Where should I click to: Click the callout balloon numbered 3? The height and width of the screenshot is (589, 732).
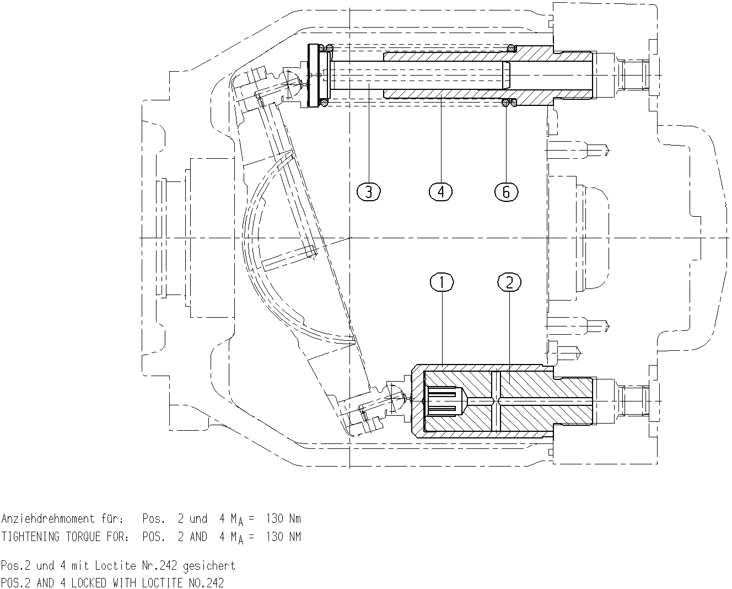pyautogui.click(x=369, y=192)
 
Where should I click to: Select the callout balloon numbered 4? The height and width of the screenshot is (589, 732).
pyautogui.click(x=441, y=192)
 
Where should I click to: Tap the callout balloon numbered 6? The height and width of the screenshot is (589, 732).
pyautogui.click(x=507, y=192)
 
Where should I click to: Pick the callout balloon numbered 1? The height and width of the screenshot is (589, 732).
pyautogui.click(x=442, y=282)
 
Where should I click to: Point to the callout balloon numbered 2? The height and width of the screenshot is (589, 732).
pyautogui.click(x=509, y=282)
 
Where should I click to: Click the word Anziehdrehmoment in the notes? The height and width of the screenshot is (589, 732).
pyautogui.click(x=48, y=518)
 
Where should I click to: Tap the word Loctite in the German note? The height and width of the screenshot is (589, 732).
pyautogui.click(x=115, y=565)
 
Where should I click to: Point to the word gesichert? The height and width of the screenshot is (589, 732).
pyautogui.click(x=209, y=566)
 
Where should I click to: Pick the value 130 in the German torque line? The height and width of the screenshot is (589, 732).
pyautogui.click(x=274, y=518)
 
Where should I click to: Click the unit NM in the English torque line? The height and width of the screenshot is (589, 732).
pyautogui.click(x=295, y=537)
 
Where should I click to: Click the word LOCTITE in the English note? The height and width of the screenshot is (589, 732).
pyautogui.click(x=162, y=583)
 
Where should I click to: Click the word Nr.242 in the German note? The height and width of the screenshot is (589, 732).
pyautogui.click(x=159, y=565)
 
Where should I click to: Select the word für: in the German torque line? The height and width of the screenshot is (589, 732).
pyautogui.click(x=112, y=518)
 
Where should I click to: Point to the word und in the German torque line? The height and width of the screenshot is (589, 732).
pyautogui.click(x=198, y=518)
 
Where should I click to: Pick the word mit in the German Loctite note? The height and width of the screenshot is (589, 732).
pyautogui.click(x=80, y=565)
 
